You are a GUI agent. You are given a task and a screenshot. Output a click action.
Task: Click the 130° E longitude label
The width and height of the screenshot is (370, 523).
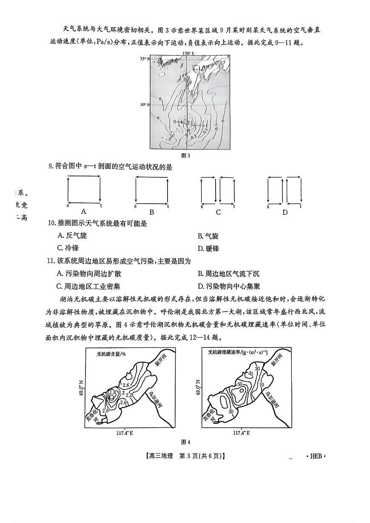[x=188, y=54]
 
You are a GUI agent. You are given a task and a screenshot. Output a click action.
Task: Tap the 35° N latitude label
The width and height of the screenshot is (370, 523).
[x=145, y=59]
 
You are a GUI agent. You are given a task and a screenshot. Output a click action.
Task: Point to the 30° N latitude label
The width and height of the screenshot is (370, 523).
[x=145, y=105]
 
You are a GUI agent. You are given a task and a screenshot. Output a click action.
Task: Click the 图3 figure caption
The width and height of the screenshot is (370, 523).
[x=185, y=155]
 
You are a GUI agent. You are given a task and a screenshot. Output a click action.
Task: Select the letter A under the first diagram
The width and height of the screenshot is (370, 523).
[x=83, y=211]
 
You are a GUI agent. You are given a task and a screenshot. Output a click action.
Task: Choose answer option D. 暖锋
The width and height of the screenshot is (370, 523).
[x=208, y=248]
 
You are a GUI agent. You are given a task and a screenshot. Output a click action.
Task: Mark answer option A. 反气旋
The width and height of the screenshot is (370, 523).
[x=71, y=236]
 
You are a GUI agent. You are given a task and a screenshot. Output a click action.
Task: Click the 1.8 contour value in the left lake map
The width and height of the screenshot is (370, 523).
[x=112, y=392]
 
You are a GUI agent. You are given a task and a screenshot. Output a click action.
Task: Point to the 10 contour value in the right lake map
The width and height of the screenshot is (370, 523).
[x=262, y=385]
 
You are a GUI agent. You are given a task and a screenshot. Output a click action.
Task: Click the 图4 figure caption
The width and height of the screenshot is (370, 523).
[x=185, y=442]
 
